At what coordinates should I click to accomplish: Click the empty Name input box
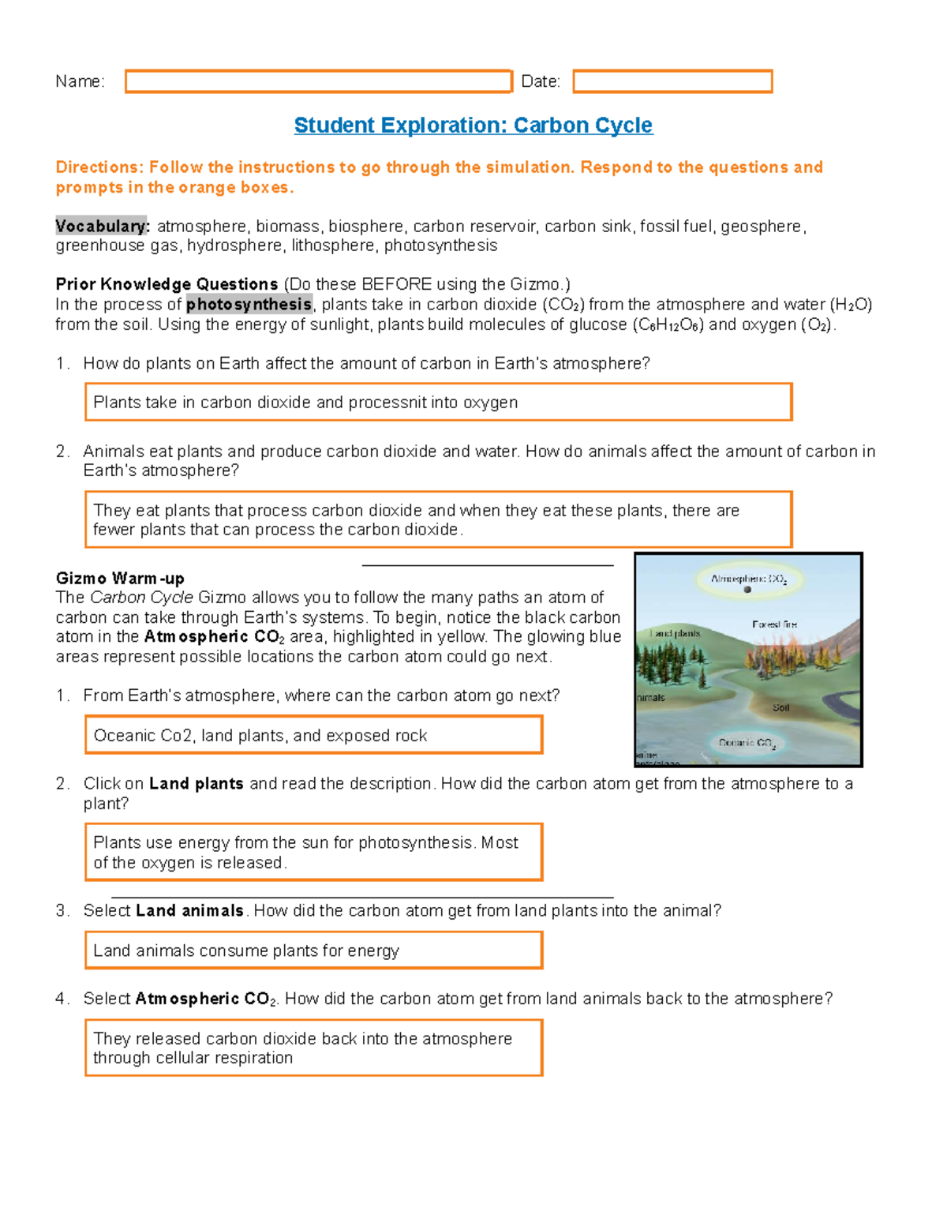319,81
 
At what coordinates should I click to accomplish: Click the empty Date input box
672,81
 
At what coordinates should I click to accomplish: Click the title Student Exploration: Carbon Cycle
473,126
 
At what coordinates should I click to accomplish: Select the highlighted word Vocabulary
101,227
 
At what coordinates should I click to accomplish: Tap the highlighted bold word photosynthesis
249,305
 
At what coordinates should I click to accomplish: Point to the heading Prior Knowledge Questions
167,284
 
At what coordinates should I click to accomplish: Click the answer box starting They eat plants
438,519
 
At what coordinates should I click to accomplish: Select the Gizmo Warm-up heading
120,579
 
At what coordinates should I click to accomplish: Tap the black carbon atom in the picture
747,590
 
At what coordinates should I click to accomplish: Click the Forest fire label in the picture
774,624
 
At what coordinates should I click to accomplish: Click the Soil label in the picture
780,707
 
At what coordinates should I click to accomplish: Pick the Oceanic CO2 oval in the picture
747,743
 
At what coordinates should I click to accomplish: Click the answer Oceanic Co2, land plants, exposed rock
260,736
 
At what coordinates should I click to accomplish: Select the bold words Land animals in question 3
189,911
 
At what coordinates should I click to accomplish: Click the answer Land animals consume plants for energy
246,951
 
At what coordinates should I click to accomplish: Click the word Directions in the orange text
99,167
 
